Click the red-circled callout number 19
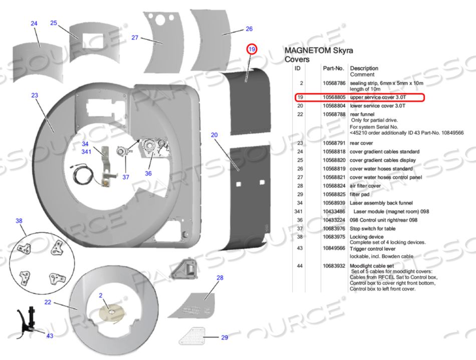tap(252, 49)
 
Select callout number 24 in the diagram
tap(34, 24)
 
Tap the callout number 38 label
tap(19, 221)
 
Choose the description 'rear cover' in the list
tap(362, 143)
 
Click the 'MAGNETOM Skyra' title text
tap(319, 51)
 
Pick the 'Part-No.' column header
tap(333, 68)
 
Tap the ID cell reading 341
tap(299, 212)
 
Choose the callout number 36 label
tap(148, 173)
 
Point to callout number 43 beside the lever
tap(50, 335)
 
